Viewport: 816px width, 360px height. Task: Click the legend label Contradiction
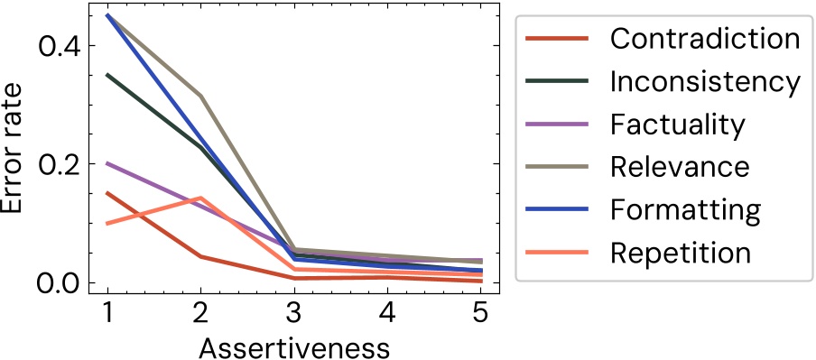(704, 39)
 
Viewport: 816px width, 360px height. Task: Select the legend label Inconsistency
(704, 81)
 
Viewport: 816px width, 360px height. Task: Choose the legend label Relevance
(679, 167)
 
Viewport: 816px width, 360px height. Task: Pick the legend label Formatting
(685, 209)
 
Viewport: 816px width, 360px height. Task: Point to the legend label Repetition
(680, 253)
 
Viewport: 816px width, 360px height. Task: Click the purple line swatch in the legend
(557, 124)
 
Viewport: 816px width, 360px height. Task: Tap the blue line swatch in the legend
(557, 209)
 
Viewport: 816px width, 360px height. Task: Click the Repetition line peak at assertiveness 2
(200, 198)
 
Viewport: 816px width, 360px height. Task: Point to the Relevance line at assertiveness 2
(200, 96)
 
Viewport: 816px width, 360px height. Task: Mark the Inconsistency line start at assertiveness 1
(107, 75)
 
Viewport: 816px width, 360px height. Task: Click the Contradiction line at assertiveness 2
(200, 257)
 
